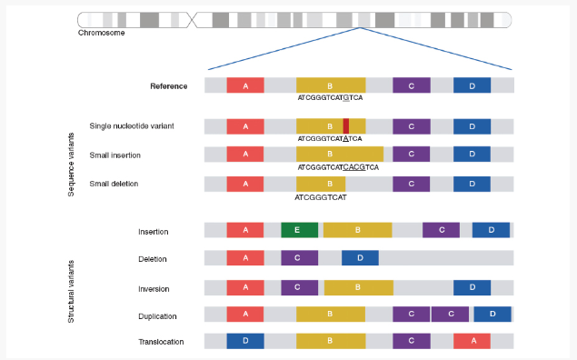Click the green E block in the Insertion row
coord(299,231)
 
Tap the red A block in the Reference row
coord(245,85)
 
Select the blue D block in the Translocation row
coord(245,341)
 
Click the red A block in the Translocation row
coord(472,341)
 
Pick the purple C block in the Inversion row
coord(299,287)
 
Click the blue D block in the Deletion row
coord(360,259)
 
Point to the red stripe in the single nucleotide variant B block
coord(346,126)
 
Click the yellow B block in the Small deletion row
coord(321,184)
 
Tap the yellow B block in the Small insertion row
coord(340,155)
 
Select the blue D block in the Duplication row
coord(492,315)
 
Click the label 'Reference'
coord(169,86)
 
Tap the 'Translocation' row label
coord(162,342)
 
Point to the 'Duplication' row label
coord(158,315)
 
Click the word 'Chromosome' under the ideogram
coord(102,33)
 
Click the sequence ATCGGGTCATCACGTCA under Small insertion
coord(338,167)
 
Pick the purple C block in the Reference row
coord(412,85)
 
